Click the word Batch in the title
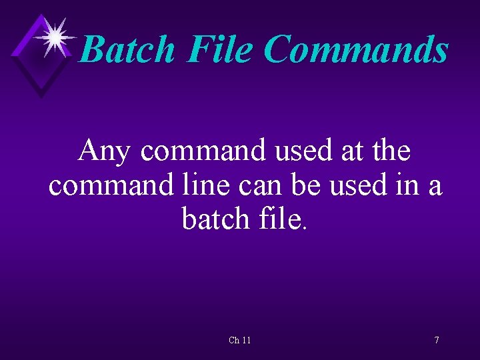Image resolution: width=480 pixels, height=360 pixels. (x=127, y=49)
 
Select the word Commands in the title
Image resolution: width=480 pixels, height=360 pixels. (x=357, y=49)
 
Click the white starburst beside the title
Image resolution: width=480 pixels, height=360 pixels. (x=55, y=36)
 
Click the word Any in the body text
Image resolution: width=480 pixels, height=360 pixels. (x=104, y=152)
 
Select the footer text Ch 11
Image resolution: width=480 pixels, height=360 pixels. (x=240, y=340)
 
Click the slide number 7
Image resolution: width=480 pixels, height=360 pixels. (x=437, y=340)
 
